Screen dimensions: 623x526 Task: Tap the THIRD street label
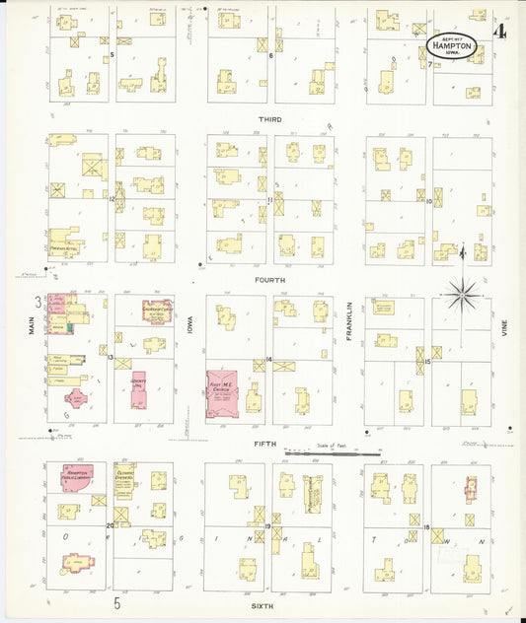tap(269, 119)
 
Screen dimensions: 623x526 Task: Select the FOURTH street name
tap(269, 280)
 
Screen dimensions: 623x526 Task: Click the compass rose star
tap(464, 293)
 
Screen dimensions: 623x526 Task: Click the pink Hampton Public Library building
tap(78, 474)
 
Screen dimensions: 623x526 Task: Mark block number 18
tap(425, 528)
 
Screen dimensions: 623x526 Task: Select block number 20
tap(111, 526)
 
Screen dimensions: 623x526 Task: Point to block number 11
tap(268, 200)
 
